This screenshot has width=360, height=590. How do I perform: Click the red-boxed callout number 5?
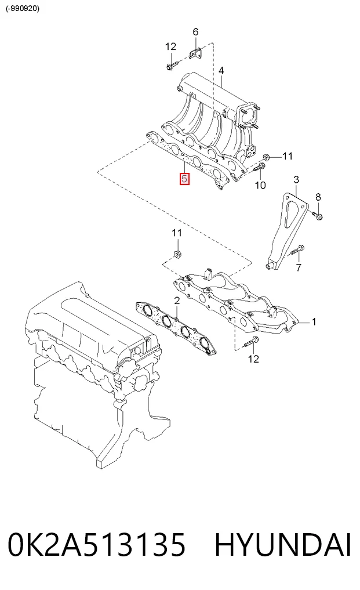click(x=184, y=178)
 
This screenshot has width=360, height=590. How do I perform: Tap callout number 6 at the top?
click(x=195, y=32)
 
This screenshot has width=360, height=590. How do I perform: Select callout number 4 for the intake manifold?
click(x=221, y=70)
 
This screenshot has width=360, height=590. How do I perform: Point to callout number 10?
click(x=260, y=184)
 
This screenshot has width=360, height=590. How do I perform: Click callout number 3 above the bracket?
click(x=296, y=179)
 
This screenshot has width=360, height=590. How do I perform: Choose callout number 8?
click(x=318, y=197)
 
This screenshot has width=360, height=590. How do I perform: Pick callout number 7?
click(x=299, y=267)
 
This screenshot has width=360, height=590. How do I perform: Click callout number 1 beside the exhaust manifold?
click(x=314, y=322)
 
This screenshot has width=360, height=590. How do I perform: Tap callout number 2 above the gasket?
click(x=177, y=301)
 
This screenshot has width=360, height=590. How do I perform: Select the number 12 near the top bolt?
click(x=171, y=46)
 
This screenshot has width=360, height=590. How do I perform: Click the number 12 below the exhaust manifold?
click(x=254, y=359)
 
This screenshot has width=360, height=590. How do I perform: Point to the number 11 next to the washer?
click(x=288, y=156)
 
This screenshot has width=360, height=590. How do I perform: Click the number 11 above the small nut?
click(x=177, y=233)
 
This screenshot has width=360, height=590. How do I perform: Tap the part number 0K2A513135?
click(x=96, y=545)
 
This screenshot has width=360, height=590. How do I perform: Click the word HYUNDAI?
click(x=283, y=545)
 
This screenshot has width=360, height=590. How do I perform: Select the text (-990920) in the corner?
click(x=23, y=8)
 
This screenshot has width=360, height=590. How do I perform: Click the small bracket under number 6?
click(x=195, y=53)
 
